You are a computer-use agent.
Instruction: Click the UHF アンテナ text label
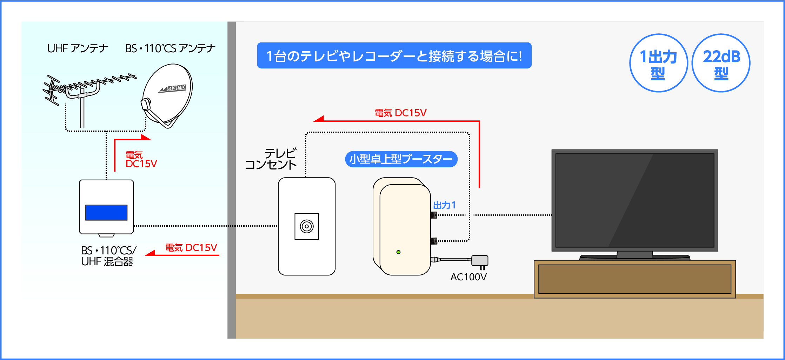coord(78,48)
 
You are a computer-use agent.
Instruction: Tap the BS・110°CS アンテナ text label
coord(170,48)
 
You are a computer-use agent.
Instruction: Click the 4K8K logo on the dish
coord(173,88)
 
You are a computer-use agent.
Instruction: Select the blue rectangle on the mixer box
coord(106,213)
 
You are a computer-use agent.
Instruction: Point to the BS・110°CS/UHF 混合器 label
coord(108,256)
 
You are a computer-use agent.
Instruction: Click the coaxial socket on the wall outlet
coord(307,226)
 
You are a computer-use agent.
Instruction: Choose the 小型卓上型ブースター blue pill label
coord(401,159)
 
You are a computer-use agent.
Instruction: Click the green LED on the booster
coord(398,252)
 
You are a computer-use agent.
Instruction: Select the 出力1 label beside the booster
coord(444,205)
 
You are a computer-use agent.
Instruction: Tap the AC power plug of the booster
coord(480,261)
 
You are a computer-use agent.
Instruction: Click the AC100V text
coord(468,277)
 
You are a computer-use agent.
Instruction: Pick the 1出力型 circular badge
coord(658,64)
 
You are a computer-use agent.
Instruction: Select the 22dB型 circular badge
coord(721,64)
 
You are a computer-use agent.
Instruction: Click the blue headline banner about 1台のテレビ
coord(394,56)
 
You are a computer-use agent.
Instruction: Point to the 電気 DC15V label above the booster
coord(400,113)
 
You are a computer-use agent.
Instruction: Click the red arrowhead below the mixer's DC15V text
coord(150,253)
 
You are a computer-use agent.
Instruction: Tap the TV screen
coord(634,200)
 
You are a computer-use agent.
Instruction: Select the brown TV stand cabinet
coord(634,279)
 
